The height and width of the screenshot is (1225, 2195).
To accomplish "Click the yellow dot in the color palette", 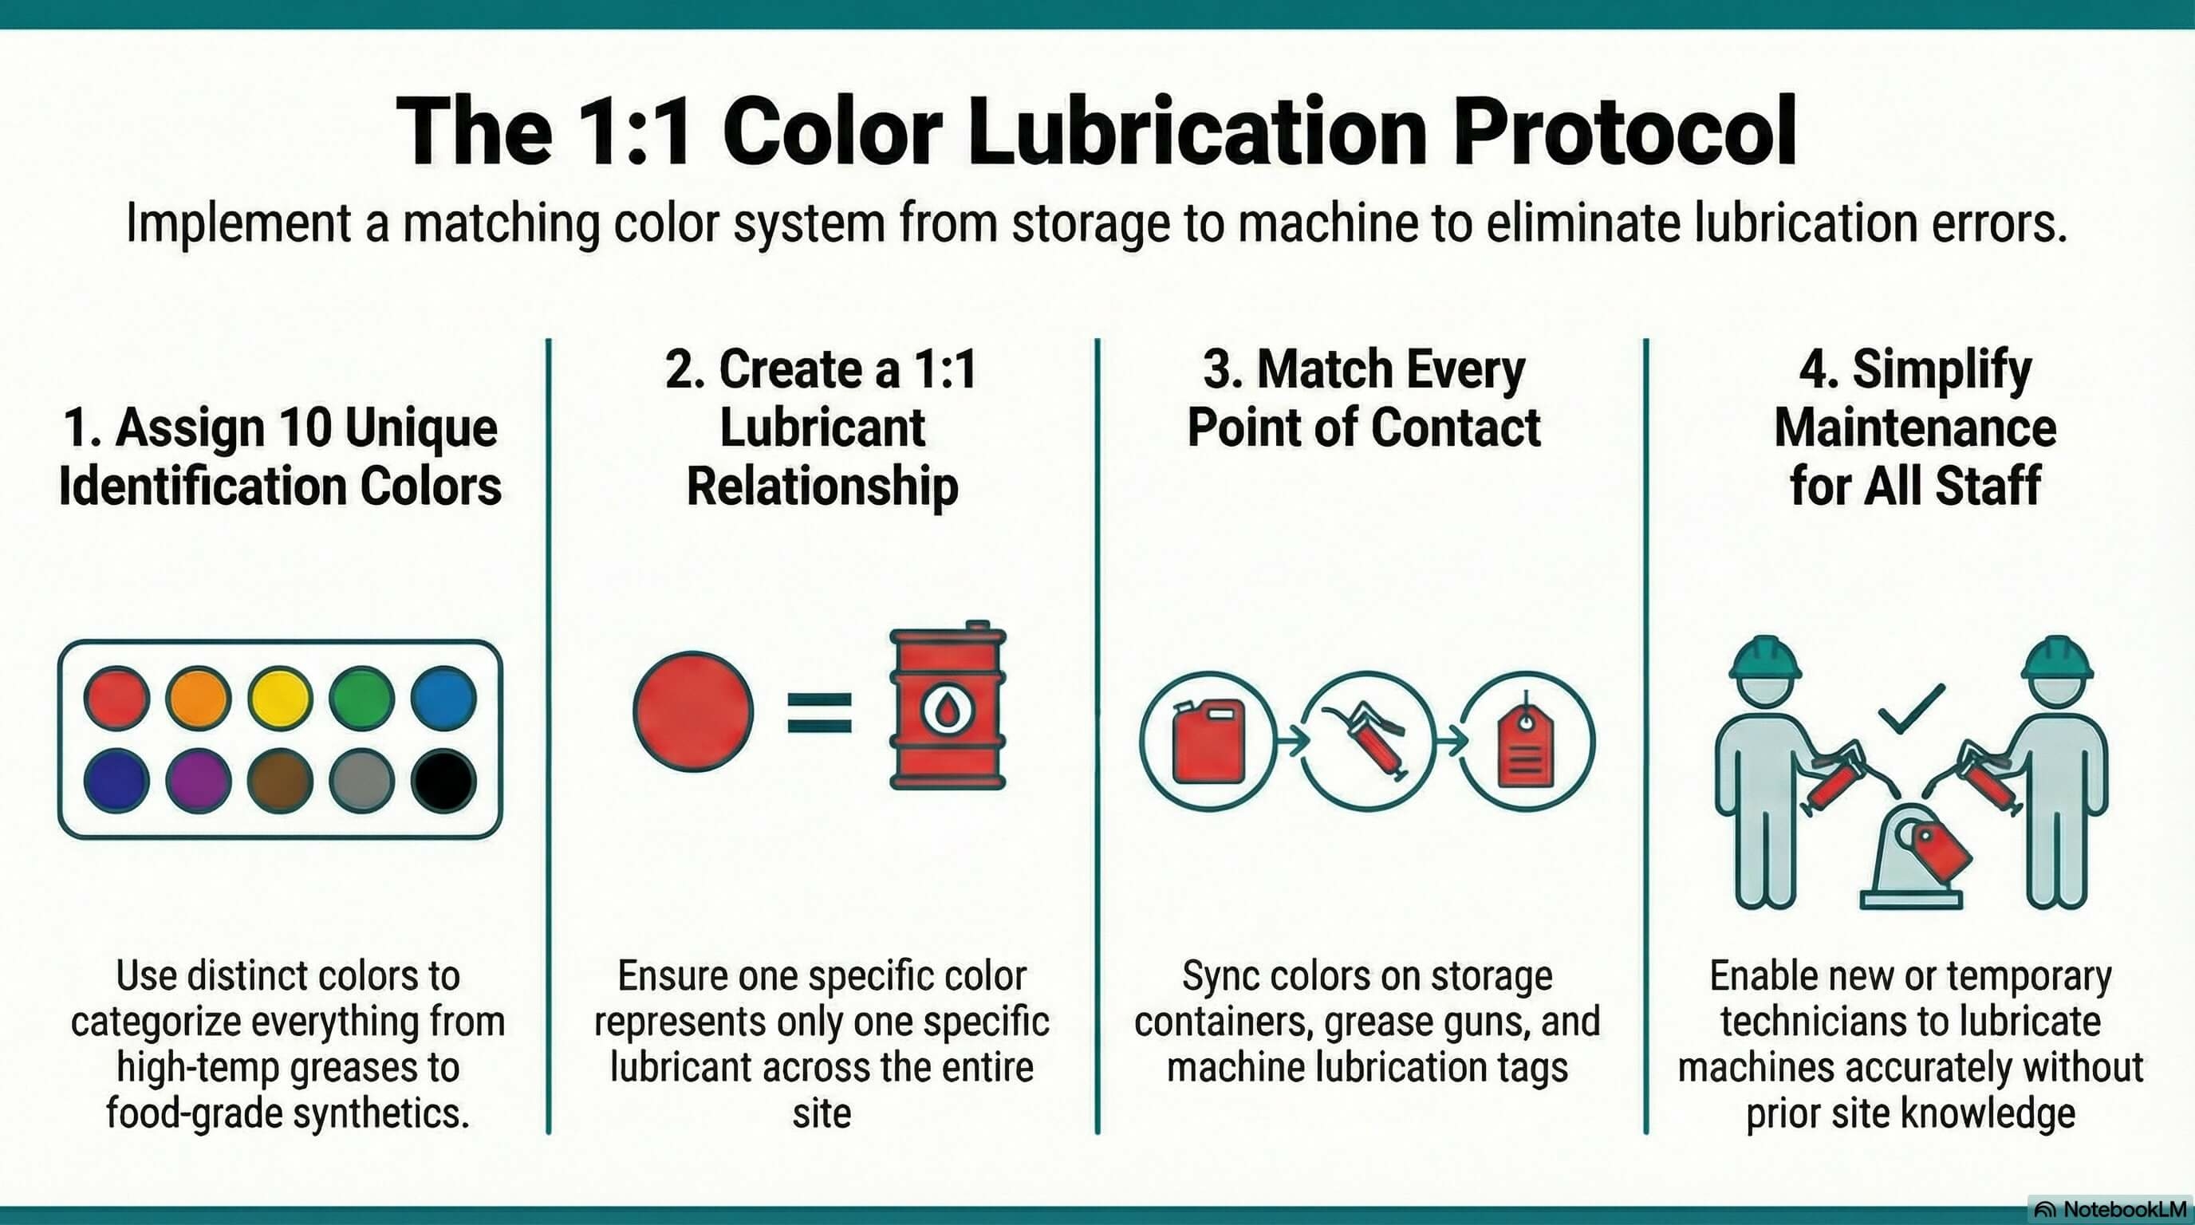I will point(279,698).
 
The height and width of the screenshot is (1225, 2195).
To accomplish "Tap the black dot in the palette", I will point(443,780).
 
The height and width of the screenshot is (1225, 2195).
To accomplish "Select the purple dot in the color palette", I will point(198,780).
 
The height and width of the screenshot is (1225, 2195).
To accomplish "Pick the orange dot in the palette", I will point(198,698).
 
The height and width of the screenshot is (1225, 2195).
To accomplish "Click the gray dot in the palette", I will point(361,780).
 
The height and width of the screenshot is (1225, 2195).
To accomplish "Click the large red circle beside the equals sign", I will point(693,711).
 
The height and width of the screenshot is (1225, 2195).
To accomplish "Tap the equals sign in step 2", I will point(819,713).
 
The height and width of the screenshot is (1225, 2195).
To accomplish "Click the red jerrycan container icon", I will point(1208,741).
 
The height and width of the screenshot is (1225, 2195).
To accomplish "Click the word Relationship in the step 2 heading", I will point(822,486).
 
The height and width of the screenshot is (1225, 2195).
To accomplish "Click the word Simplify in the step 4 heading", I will point(1942,371).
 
